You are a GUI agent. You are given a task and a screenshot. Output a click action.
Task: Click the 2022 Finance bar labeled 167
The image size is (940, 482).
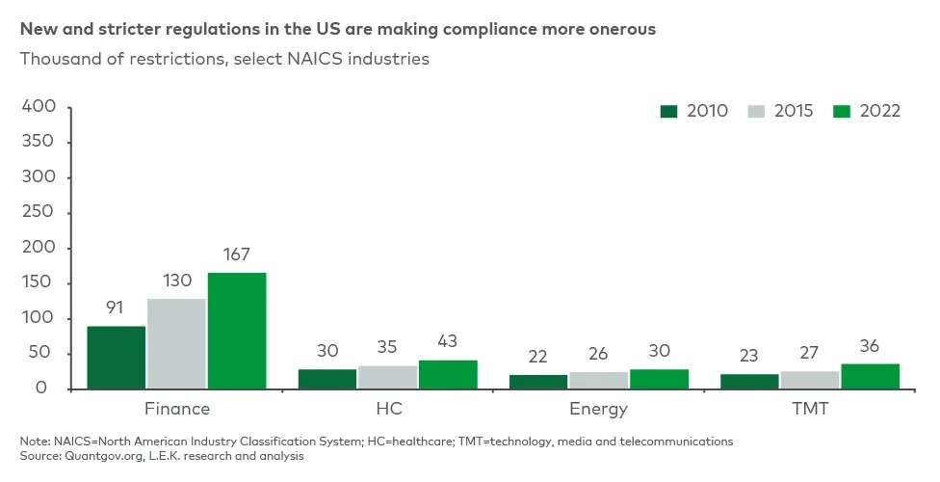tap(236, 331)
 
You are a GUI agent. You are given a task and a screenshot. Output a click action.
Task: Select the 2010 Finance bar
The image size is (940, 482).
tap(117, 358)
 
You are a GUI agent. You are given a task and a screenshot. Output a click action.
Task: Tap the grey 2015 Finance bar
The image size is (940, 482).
tap(176, 344)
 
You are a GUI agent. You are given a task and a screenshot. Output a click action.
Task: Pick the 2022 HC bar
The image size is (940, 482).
tap(448, 375)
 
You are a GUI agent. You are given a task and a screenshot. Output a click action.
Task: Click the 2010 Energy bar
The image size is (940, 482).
tap(538, 382)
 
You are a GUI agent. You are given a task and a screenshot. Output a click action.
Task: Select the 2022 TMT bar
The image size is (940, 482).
tap(870, 377)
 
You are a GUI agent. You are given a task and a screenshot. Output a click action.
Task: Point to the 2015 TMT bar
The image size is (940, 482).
tap(810, 381)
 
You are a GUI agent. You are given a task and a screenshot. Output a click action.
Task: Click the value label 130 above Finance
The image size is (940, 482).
tap(176, 281)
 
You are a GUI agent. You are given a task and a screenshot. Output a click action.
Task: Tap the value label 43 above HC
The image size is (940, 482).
tap(447, 342)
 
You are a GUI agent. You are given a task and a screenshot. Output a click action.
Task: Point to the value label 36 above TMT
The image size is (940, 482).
tap(870, 346)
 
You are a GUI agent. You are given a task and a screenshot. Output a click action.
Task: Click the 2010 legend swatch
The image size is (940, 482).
tap(669, 111)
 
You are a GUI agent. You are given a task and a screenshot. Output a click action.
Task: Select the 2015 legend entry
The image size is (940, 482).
tap(780, 111)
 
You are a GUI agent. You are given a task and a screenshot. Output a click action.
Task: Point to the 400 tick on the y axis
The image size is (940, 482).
tap(39, 107)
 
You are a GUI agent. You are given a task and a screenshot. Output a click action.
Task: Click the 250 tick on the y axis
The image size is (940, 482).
tap(39, 213)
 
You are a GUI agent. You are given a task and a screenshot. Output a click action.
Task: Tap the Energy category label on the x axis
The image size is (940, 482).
tap(598, 409)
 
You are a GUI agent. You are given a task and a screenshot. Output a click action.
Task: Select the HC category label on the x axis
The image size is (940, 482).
tap(388, 409)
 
